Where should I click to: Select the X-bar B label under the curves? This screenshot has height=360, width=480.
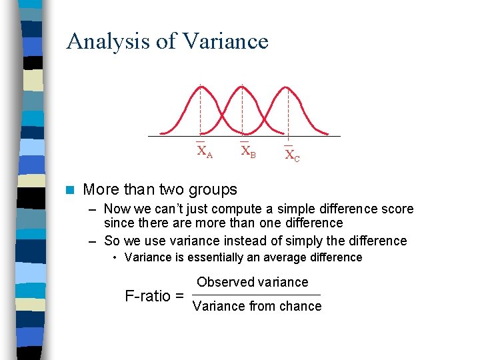(247, 151)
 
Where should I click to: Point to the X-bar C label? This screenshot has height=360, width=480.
(292, 155)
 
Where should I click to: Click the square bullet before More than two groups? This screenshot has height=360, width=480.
(70, 190)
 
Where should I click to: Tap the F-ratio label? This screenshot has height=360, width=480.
(147, 296)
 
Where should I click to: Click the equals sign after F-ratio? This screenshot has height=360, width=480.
(179, 296)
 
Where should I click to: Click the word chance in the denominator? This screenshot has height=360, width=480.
(301, 306)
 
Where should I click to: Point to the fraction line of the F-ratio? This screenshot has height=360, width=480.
(257, 295)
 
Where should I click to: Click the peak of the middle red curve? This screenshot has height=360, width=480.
(243, 87)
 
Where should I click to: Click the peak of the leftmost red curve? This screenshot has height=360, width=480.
(200, 87)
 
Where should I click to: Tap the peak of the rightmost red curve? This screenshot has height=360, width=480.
(287, 87)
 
